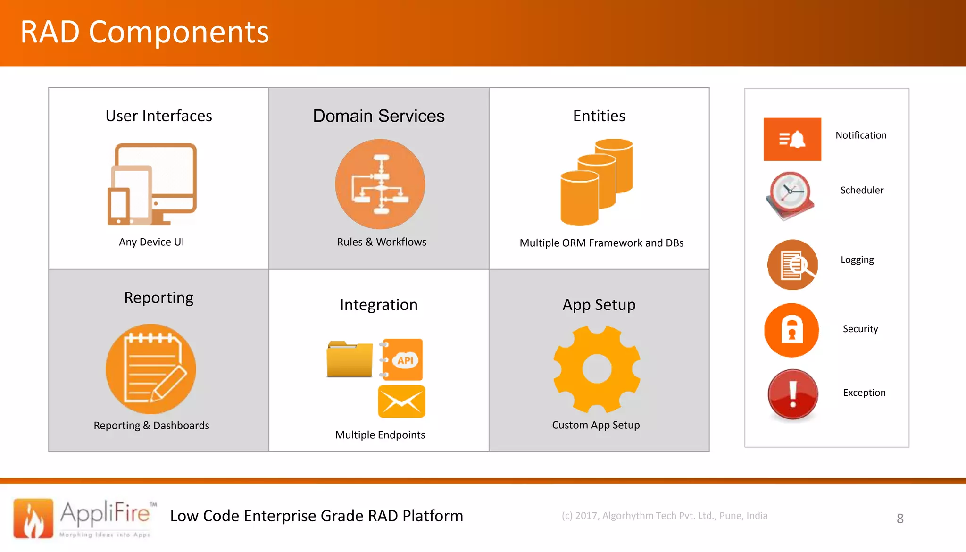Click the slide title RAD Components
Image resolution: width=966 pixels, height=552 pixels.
click(x=144, y=32)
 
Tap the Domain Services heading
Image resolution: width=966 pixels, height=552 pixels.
click(x=378, y=116)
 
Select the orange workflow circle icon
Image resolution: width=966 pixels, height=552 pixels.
click(x=380, y=184)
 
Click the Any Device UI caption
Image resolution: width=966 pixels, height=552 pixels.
click(x=151, y=242)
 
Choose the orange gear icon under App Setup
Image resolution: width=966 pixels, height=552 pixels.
click(x=597, y=369)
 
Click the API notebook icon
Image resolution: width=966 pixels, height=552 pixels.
click(x=402, y=360)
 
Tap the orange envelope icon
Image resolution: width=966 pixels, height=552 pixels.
click(x=401, y=401)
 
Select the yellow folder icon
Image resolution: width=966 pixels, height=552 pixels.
click(x=349, y=360)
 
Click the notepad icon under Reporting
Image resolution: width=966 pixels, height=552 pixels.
click(x=151, y=369)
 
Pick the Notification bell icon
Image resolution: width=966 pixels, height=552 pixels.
click(x=792, y=139)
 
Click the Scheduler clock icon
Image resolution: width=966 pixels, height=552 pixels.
click(x=791, y=195)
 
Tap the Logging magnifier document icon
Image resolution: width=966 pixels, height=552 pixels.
click(x=792, y=265)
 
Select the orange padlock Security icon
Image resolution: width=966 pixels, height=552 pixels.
click(x=791, y=330)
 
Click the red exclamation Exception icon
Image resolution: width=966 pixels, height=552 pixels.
click(x=793, y=394)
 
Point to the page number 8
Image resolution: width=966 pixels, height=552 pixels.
click(x=900, y=519)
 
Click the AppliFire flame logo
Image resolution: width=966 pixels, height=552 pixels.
click(x=33, y=519)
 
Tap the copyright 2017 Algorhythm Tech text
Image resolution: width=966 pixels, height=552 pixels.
click(x=664, y=516)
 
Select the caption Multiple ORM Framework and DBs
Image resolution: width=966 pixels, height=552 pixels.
click(x=601, y=243)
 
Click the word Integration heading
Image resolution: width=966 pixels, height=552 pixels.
click(x=378, y=305)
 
